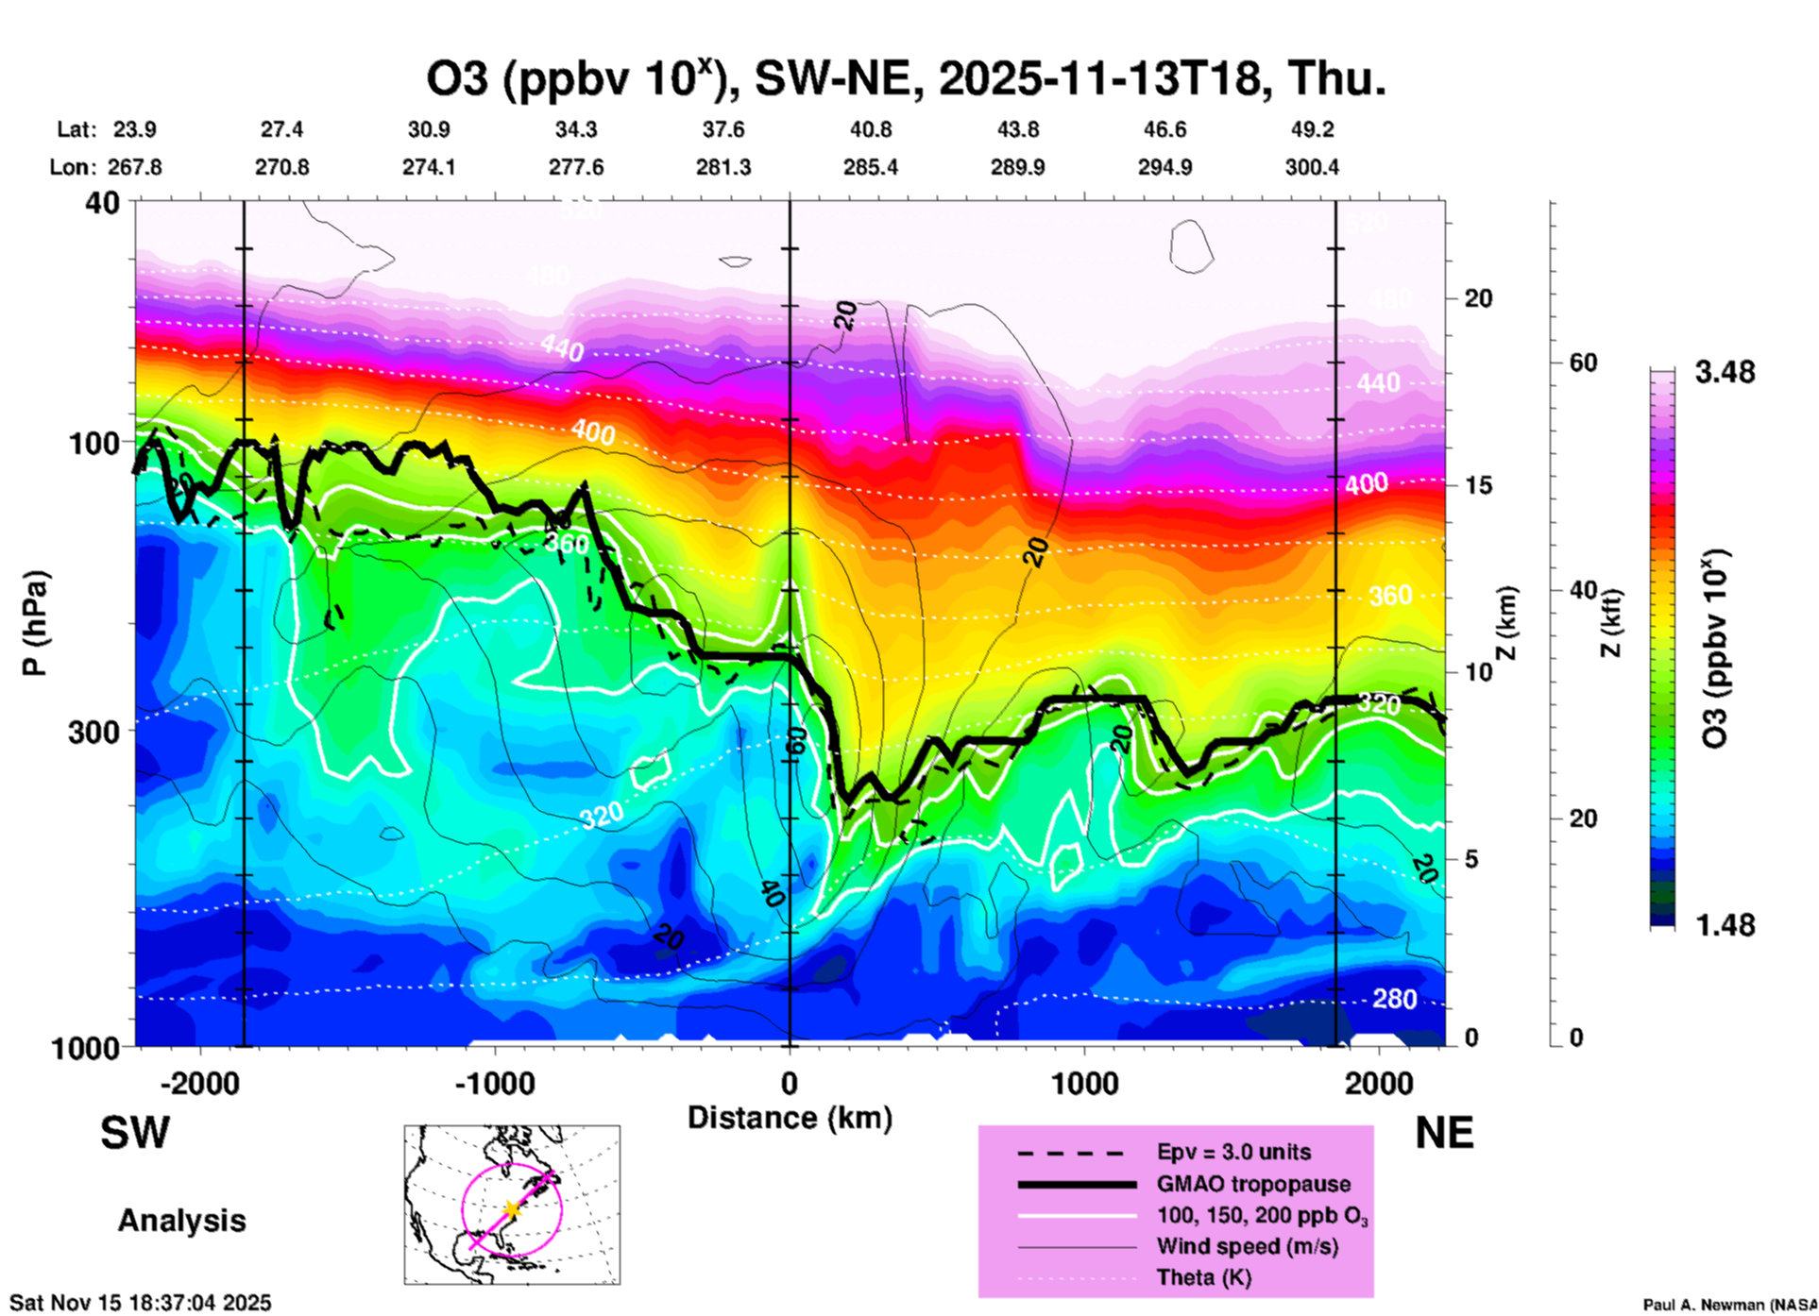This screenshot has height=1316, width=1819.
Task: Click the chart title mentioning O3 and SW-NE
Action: [x=907, y=79]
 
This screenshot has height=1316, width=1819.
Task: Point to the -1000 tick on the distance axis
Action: [x=495, y=1083]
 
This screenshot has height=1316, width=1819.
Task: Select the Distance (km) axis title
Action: [x=790, y=1118]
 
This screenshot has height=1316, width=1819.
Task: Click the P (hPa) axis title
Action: [x=34, y=623]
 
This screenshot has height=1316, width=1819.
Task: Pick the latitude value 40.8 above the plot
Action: [x=870, y=129]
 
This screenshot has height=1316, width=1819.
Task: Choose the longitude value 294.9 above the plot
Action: [x=1164, y=167]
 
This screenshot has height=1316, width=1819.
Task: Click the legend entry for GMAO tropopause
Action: [x=1253, y=1184]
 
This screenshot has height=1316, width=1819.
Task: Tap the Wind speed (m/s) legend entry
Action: [x=1247, y=1246]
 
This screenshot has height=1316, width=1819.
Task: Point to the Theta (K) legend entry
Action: [x=1203, y=1277]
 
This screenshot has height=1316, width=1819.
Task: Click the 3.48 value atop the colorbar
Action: [x=1725, y=373]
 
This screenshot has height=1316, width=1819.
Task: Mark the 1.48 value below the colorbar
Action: [x=1725, y=925]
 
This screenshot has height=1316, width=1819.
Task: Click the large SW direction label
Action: [x=135, y=1133]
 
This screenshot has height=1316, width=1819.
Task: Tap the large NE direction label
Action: [x=1444, y=1133]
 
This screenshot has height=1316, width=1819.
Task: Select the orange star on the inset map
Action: [x=511, y=1208]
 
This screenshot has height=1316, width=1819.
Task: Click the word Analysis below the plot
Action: [x=181, y=1221]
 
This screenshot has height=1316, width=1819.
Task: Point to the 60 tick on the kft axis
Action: [x=1583, y=363]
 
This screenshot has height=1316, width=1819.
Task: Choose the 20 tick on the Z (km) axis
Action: [x=1478, y=298]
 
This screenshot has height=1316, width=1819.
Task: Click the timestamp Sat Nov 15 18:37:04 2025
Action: [x=140, y=1303]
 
